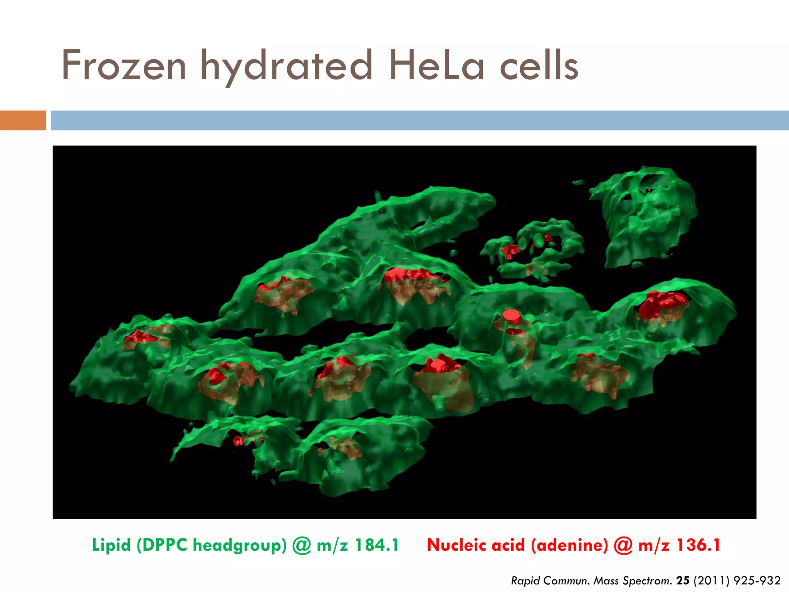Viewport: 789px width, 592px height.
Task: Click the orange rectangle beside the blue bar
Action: click(x=23, y=120)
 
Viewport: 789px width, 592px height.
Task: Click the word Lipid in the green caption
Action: click(x=111, y=545)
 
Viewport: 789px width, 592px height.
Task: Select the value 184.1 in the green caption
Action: click(x=376, y=545)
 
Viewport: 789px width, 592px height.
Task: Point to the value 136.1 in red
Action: click(x=698, y=545)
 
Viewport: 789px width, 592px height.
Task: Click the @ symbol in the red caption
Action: click(x=623, y=545)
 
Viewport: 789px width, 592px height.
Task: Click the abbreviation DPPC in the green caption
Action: click(x=162, y=545)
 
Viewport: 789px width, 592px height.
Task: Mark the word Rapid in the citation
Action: click(x=525, y=580)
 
